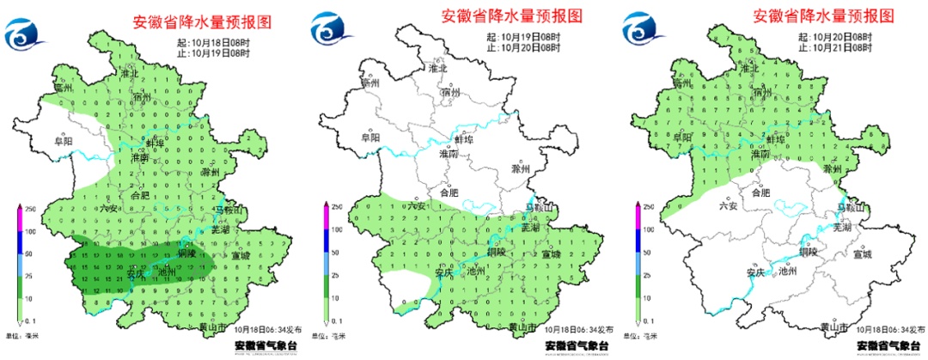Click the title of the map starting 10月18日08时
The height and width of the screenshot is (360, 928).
pos(203,23)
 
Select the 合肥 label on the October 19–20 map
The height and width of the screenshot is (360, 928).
pos(451,193)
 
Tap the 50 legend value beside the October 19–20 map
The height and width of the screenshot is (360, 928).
pos(339,253)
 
